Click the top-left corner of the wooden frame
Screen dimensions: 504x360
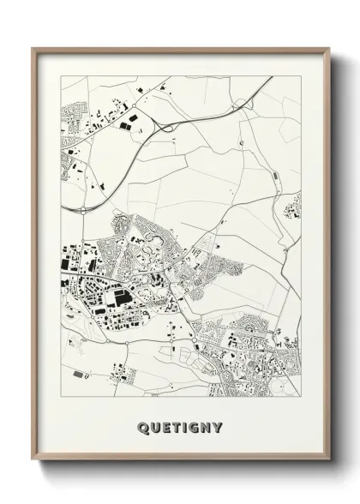[33, 47]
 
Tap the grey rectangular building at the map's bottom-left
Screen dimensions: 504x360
[79, 375]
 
